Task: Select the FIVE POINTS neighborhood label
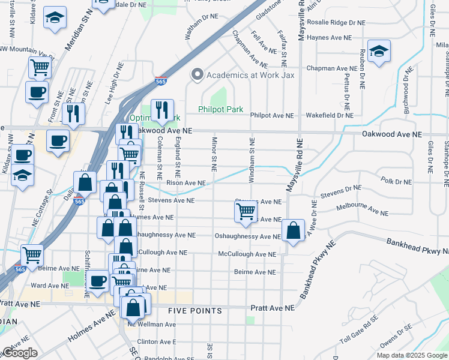(195, 311)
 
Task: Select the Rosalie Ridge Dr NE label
(336, 23)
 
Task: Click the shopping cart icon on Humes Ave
(246, 211)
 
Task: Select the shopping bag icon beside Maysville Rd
(292, 231)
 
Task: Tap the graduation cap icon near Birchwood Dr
(379, 51)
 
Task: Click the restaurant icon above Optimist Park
(162, 110)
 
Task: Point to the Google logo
(19, 353)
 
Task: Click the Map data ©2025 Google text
(412, 355)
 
